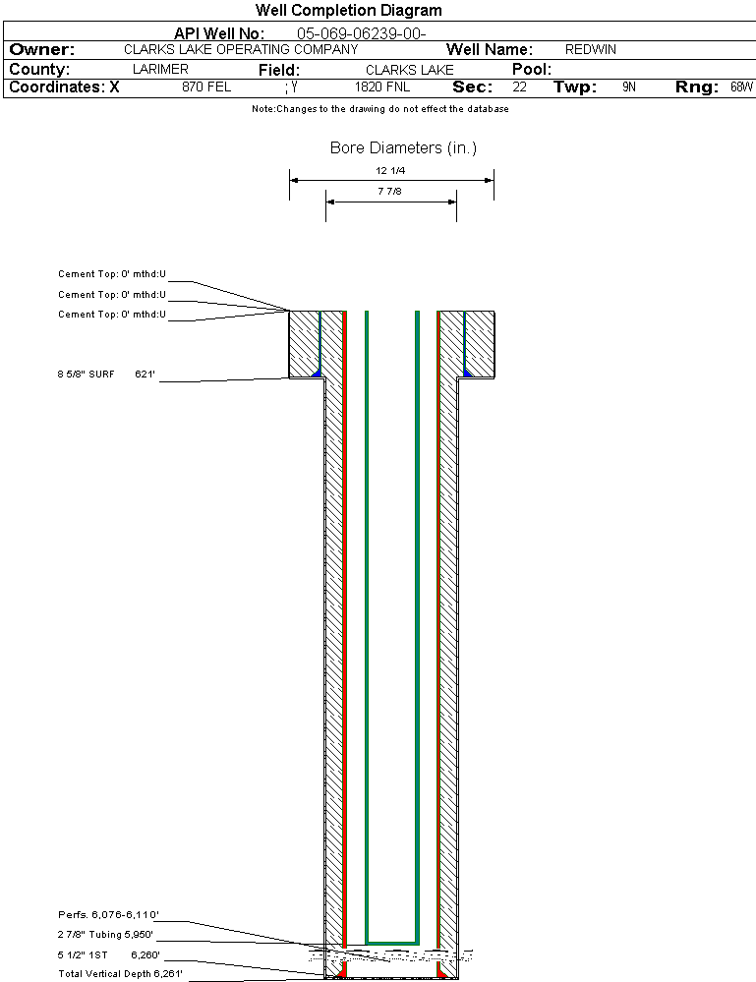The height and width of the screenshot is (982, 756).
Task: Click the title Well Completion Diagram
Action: pos(348,11)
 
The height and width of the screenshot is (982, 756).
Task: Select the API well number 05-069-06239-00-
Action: pos(362,33)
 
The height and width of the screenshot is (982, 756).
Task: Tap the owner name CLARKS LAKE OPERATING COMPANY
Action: pos(241,49)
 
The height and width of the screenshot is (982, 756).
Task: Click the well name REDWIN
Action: pos(591,49)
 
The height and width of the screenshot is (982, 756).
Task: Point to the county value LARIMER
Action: pos(160,69)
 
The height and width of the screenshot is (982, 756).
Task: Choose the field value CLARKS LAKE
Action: pos(410,70)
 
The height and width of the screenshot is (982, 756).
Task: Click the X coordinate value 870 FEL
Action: pos(206,87)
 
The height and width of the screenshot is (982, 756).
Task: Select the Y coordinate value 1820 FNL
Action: pos(382,87)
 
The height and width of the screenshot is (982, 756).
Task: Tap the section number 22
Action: pos(520,87)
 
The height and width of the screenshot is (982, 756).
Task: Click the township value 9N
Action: pos(629,87)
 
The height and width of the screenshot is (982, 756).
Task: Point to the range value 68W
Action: pos(741,87)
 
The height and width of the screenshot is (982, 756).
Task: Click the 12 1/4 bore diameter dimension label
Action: pos(390,170)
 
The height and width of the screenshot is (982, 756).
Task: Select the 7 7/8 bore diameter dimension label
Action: pos(389,191)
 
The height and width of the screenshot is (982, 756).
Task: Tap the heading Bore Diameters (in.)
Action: pos(403,147)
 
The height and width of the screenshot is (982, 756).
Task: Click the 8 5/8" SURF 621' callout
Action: pos(106,375)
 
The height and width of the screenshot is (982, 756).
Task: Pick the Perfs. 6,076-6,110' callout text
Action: pos(108,915)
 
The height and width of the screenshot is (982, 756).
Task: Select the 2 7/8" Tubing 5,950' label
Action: pos(105,935)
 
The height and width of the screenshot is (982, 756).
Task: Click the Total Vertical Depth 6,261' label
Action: pos(120,974)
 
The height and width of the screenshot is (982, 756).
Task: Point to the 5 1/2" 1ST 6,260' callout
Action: pos(109,955)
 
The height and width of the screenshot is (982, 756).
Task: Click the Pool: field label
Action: pos(532,69)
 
